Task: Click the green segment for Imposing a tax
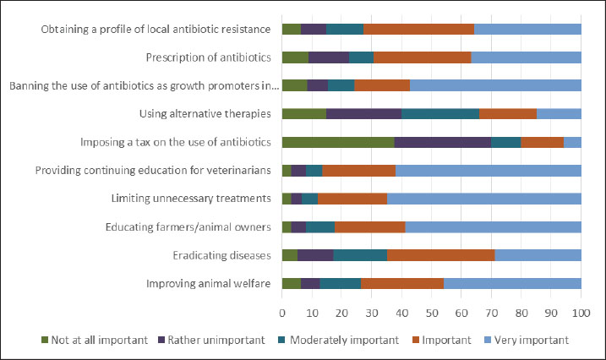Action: (338, 142)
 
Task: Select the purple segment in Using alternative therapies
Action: (363, 113)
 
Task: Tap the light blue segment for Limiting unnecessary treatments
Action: (484, 199)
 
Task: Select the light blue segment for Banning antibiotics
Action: (495, 85)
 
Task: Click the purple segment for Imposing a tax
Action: (442, 142)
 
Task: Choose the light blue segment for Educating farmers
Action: (494, 227)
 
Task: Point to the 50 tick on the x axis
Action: (431, 312)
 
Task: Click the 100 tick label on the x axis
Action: (581, 312)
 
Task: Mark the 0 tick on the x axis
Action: (282, 312)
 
